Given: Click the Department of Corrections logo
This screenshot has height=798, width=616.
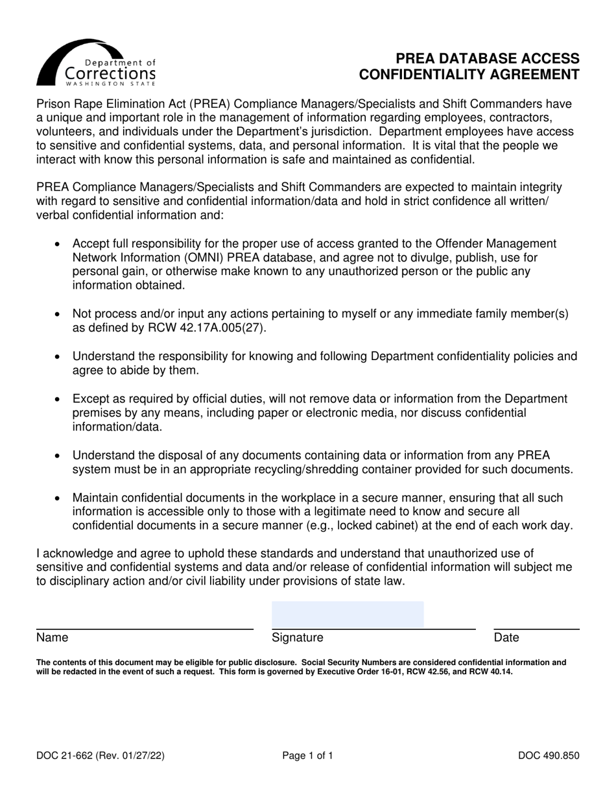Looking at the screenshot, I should (97, 63).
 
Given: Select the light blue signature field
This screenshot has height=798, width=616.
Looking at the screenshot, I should (347, 614).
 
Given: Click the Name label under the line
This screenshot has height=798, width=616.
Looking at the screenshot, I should (53, 638).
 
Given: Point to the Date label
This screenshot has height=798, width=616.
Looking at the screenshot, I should (506, 638).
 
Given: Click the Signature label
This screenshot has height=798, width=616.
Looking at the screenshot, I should (298, 638).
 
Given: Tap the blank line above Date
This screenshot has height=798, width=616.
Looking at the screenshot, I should (536, 629).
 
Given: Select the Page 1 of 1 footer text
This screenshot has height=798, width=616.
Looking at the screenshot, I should (307, 755).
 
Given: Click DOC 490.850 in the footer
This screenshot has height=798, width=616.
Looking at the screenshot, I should (548, 755).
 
